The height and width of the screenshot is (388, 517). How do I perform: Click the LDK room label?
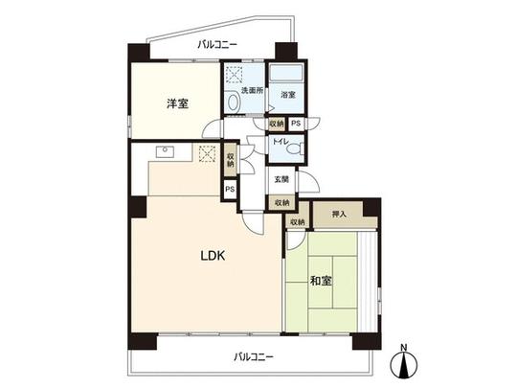click(x=214, y=257)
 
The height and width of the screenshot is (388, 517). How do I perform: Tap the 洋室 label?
click(x=175, y=103)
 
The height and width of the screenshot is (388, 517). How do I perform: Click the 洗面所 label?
click(x=251, y=90)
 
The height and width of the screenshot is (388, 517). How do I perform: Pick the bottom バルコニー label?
click(x=254, y=356)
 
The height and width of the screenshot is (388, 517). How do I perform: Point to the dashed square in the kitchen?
click(x=208, y=152)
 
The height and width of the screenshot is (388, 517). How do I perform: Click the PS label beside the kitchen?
click(x=230, y=190)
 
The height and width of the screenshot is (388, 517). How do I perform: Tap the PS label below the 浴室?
click(x=297, y=124)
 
